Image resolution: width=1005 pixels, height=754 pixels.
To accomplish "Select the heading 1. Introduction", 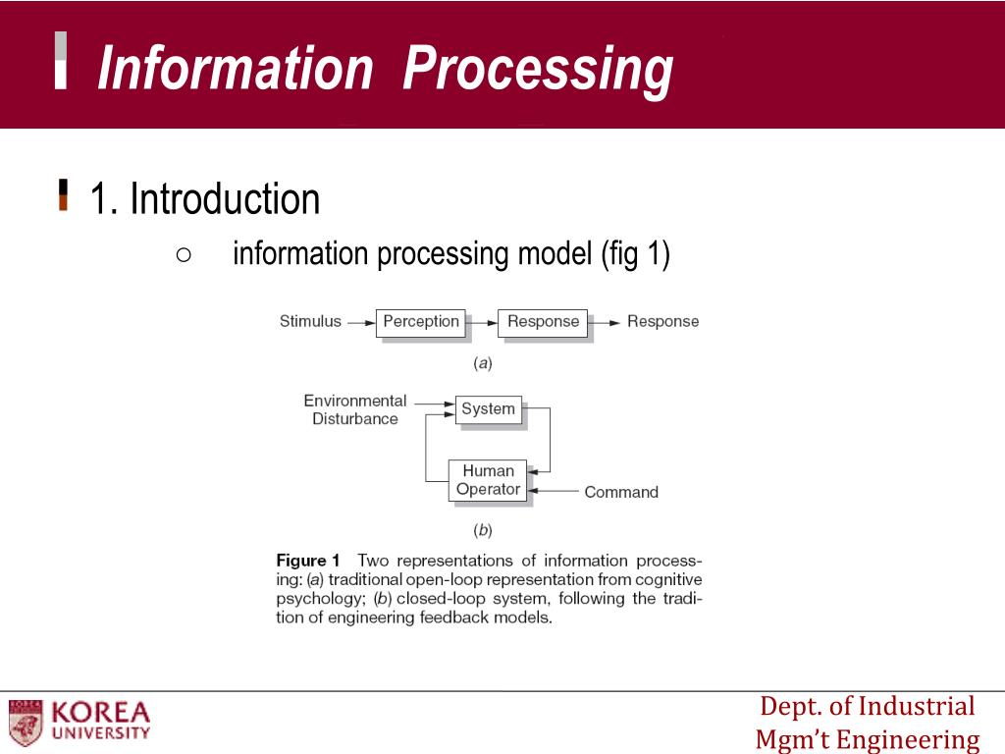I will coord(205,199).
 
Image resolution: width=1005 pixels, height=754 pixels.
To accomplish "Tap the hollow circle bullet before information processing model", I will coord(183,255).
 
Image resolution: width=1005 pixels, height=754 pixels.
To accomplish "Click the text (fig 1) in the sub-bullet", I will coord(635,254).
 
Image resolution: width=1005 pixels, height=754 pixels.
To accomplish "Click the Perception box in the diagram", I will coord(420,322).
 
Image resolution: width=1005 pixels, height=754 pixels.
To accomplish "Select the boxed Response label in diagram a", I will coord(543,322).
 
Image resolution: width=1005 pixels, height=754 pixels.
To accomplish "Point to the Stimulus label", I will coord(310,321).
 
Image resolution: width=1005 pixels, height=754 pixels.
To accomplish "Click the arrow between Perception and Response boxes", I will coord(482,322).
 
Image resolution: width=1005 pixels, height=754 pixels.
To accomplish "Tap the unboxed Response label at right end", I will coord(662,321).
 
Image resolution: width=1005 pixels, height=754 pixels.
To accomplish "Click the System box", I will coord(488,409).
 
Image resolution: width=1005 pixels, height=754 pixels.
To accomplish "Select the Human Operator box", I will coord(488,480).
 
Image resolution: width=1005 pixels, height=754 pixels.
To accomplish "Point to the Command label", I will coord(621,492).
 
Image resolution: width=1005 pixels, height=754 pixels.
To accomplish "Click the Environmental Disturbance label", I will coord(354,409).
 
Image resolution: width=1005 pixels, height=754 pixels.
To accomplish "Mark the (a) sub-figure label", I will coord(482,363).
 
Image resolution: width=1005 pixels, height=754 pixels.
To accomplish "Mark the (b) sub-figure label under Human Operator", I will coord(482,530).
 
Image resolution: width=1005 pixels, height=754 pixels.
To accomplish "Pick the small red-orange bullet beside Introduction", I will coord(64,194).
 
